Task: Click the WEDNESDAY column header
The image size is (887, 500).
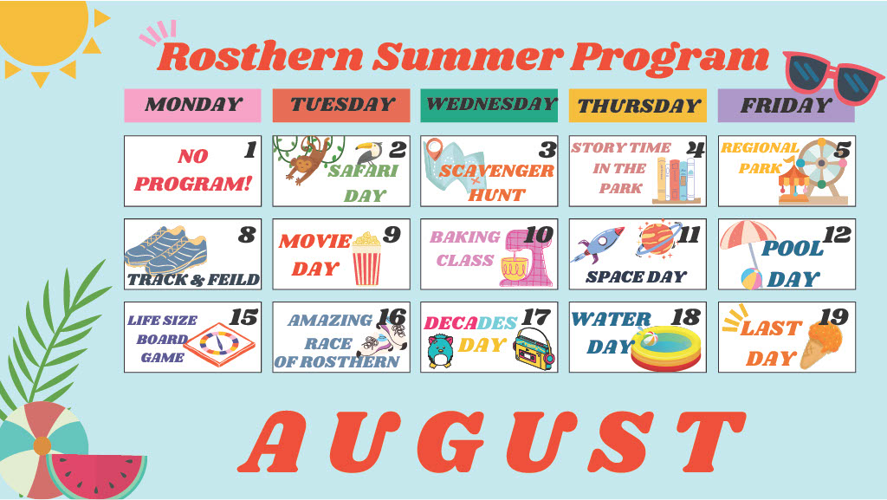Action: coord(489,105)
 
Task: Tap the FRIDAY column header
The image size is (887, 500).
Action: coord(786,105)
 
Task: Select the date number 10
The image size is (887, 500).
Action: coord(538,236)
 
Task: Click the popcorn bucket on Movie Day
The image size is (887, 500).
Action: coord(366,258)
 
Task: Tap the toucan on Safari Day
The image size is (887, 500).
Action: coord(368,153)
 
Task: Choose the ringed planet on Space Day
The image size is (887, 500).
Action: coord(657,238)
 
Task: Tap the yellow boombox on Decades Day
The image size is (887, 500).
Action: coord(534,349)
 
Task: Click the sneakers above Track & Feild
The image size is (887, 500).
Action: coord(166,250)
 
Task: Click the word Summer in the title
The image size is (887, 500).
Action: coord(468,57)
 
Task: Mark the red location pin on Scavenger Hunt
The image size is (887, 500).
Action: coord(434,149)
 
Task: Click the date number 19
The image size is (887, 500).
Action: coord(834,318)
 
